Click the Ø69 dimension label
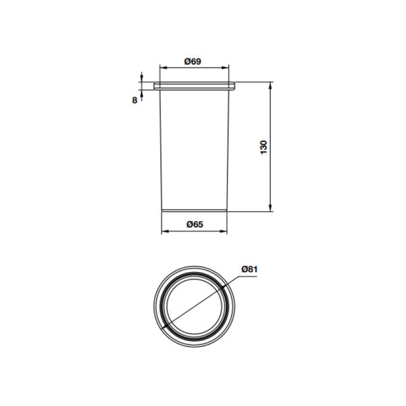(x=193, y=62)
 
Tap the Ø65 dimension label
(x=195, y=224)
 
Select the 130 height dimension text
(x=263, y=147)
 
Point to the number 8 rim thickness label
(x=135, y=100)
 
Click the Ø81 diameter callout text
(x=250, y=269)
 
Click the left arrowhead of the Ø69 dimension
(x=163, y=68)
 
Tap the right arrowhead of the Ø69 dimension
(x=225, y=68)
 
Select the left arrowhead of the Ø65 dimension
(x=165, y=231)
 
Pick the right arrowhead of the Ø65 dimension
(x=223, y=231)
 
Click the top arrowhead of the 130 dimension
(x=270, y=85)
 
